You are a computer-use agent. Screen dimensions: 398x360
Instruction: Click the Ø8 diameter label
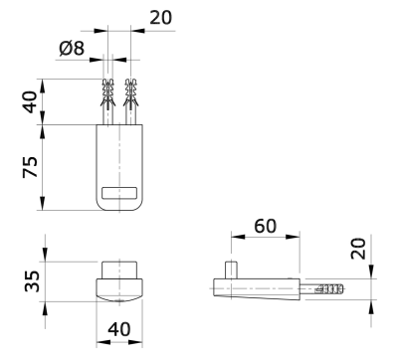pos(72,49)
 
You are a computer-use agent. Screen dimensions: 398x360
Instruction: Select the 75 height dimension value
pos(30,167)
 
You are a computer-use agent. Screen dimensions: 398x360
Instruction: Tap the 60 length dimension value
pos(265,226)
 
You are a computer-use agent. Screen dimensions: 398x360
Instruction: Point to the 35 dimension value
pos(32,281)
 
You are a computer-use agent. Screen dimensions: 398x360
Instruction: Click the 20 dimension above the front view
pos(161,18)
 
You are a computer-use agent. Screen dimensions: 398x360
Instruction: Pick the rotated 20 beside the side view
pos(358,249)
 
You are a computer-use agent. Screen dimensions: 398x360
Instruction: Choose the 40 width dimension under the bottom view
pos(119,329)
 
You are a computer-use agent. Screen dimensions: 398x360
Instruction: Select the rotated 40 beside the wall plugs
pos(31,101)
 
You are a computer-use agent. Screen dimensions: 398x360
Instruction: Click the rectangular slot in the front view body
pos(119,193)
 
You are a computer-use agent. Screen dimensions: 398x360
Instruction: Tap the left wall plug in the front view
pos(108,101)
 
